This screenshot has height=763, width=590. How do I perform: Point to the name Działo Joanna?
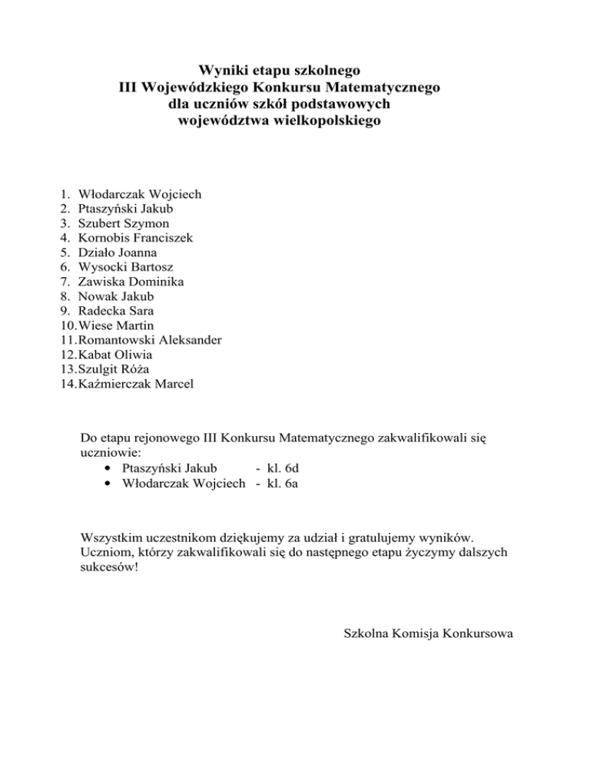(118, 253)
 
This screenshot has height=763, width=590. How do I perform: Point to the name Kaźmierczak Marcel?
(136, 384)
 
